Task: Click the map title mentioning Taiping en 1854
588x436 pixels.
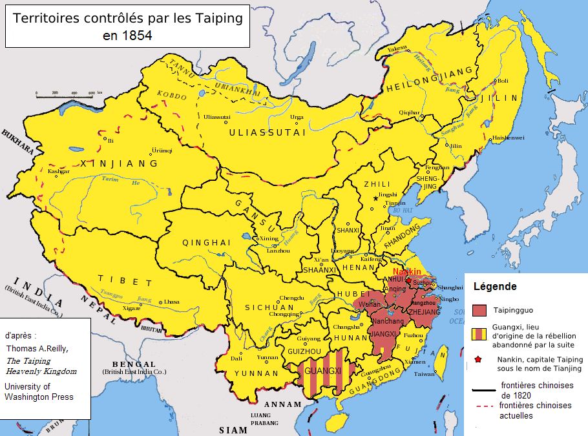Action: point(127,26)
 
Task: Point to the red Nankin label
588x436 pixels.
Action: point(407,272)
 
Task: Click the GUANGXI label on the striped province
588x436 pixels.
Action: point(322,371)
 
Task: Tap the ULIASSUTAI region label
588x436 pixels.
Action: point(257,132)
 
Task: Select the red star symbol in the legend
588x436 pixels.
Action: point(478,359)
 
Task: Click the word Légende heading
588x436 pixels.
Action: point(495,286)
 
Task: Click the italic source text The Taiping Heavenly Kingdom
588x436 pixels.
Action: point(41,366)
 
